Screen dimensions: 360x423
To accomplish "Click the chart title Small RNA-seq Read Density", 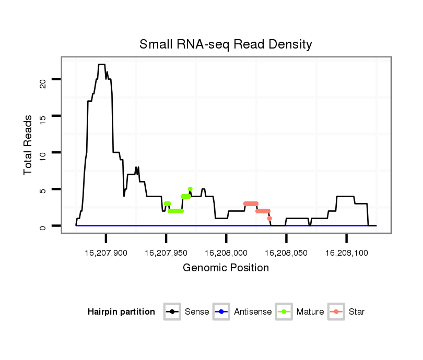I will (226, 44).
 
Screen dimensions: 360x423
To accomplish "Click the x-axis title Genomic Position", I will (226, 268).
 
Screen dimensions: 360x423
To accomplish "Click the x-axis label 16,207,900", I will (105, 253).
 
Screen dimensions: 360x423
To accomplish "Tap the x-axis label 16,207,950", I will (166, 253).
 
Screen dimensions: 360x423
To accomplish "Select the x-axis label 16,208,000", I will (226, 253).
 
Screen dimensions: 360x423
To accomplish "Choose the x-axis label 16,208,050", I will (286, 253).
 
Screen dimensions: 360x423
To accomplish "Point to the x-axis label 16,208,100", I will (346, 253).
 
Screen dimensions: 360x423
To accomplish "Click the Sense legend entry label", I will (197, 312).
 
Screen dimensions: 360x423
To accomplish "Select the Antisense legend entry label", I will (253, 312).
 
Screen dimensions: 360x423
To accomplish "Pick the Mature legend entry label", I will (310, 312).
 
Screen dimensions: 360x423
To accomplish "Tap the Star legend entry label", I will (357, 312).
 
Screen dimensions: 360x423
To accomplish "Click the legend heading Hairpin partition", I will (121, 312).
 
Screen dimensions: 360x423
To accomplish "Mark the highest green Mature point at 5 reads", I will (190, 189).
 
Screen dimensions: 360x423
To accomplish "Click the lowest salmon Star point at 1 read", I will (269, 218).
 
